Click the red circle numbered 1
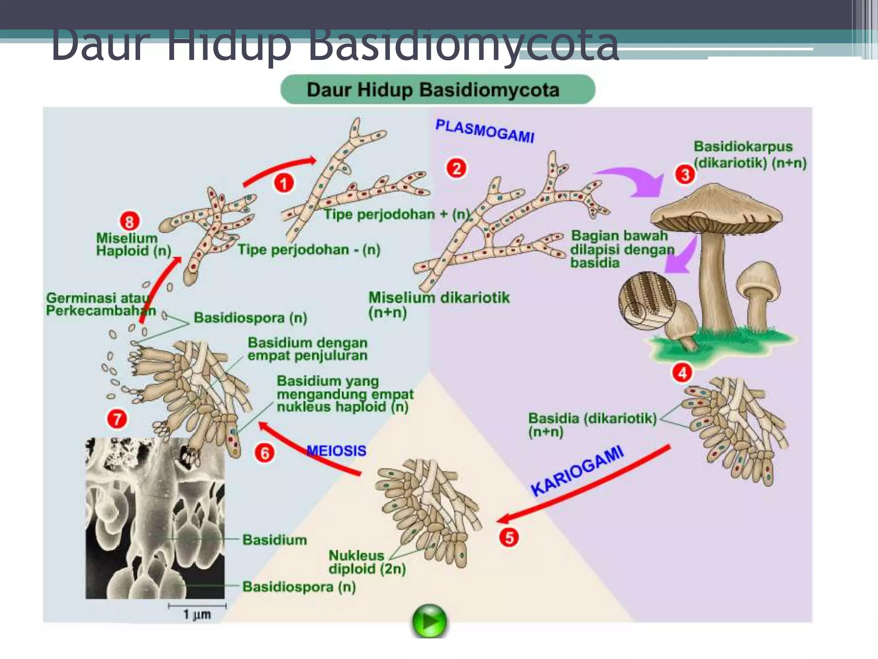click(284, 184)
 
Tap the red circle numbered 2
click(457, 168)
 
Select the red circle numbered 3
click(685, 175)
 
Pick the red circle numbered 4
click(682, 372)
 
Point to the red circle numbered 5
click(509, 537)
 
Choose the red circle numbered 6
click(265, 453)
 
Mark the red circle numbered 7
click(117, 419)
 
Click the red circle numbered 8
click(129, 221)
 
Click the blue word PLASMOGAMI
click(485, 131)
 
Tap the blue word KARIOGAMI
click(577, 471)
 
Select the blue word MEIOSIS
click(337, 450)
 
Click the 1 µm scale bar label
click(197, 614)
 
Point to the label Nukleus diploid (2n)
click(367, 562)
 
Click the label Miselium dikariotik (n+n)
click(439, 304)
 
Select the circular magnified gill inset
click(646, 300)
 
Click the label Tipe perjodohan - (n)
click(309, 250)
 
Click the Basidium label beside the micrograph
click(275, 540)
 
